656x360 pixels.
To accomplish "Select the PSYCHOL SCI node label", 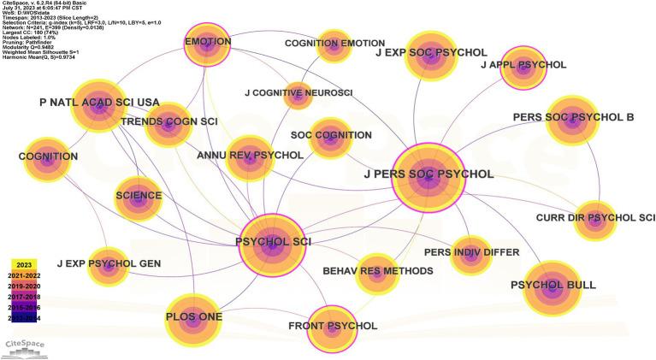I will (273, 242).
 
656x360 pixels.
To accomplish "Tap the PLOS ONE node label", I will (193, 317).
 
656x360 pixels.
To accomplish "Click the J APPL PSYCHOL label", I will (523, 65).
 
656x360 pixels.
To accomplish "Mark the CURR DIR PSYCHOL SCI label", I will (595, 218).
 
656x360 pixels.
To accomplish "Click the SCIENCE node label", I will (139, 196).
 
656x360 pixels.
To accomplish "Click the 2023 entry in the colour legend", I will (26, 266).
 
